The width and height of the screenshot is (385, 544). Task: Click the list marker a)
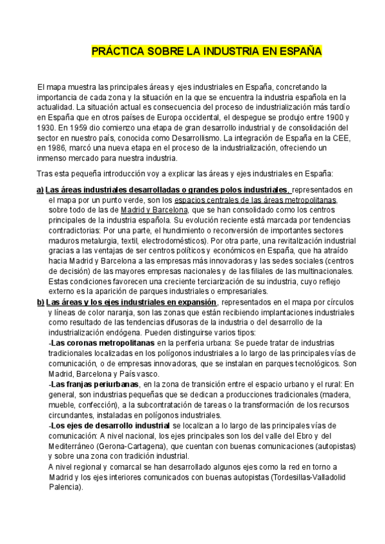click(40, 190)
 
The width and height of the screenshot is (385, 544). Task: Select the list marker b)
click(40, 303)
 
